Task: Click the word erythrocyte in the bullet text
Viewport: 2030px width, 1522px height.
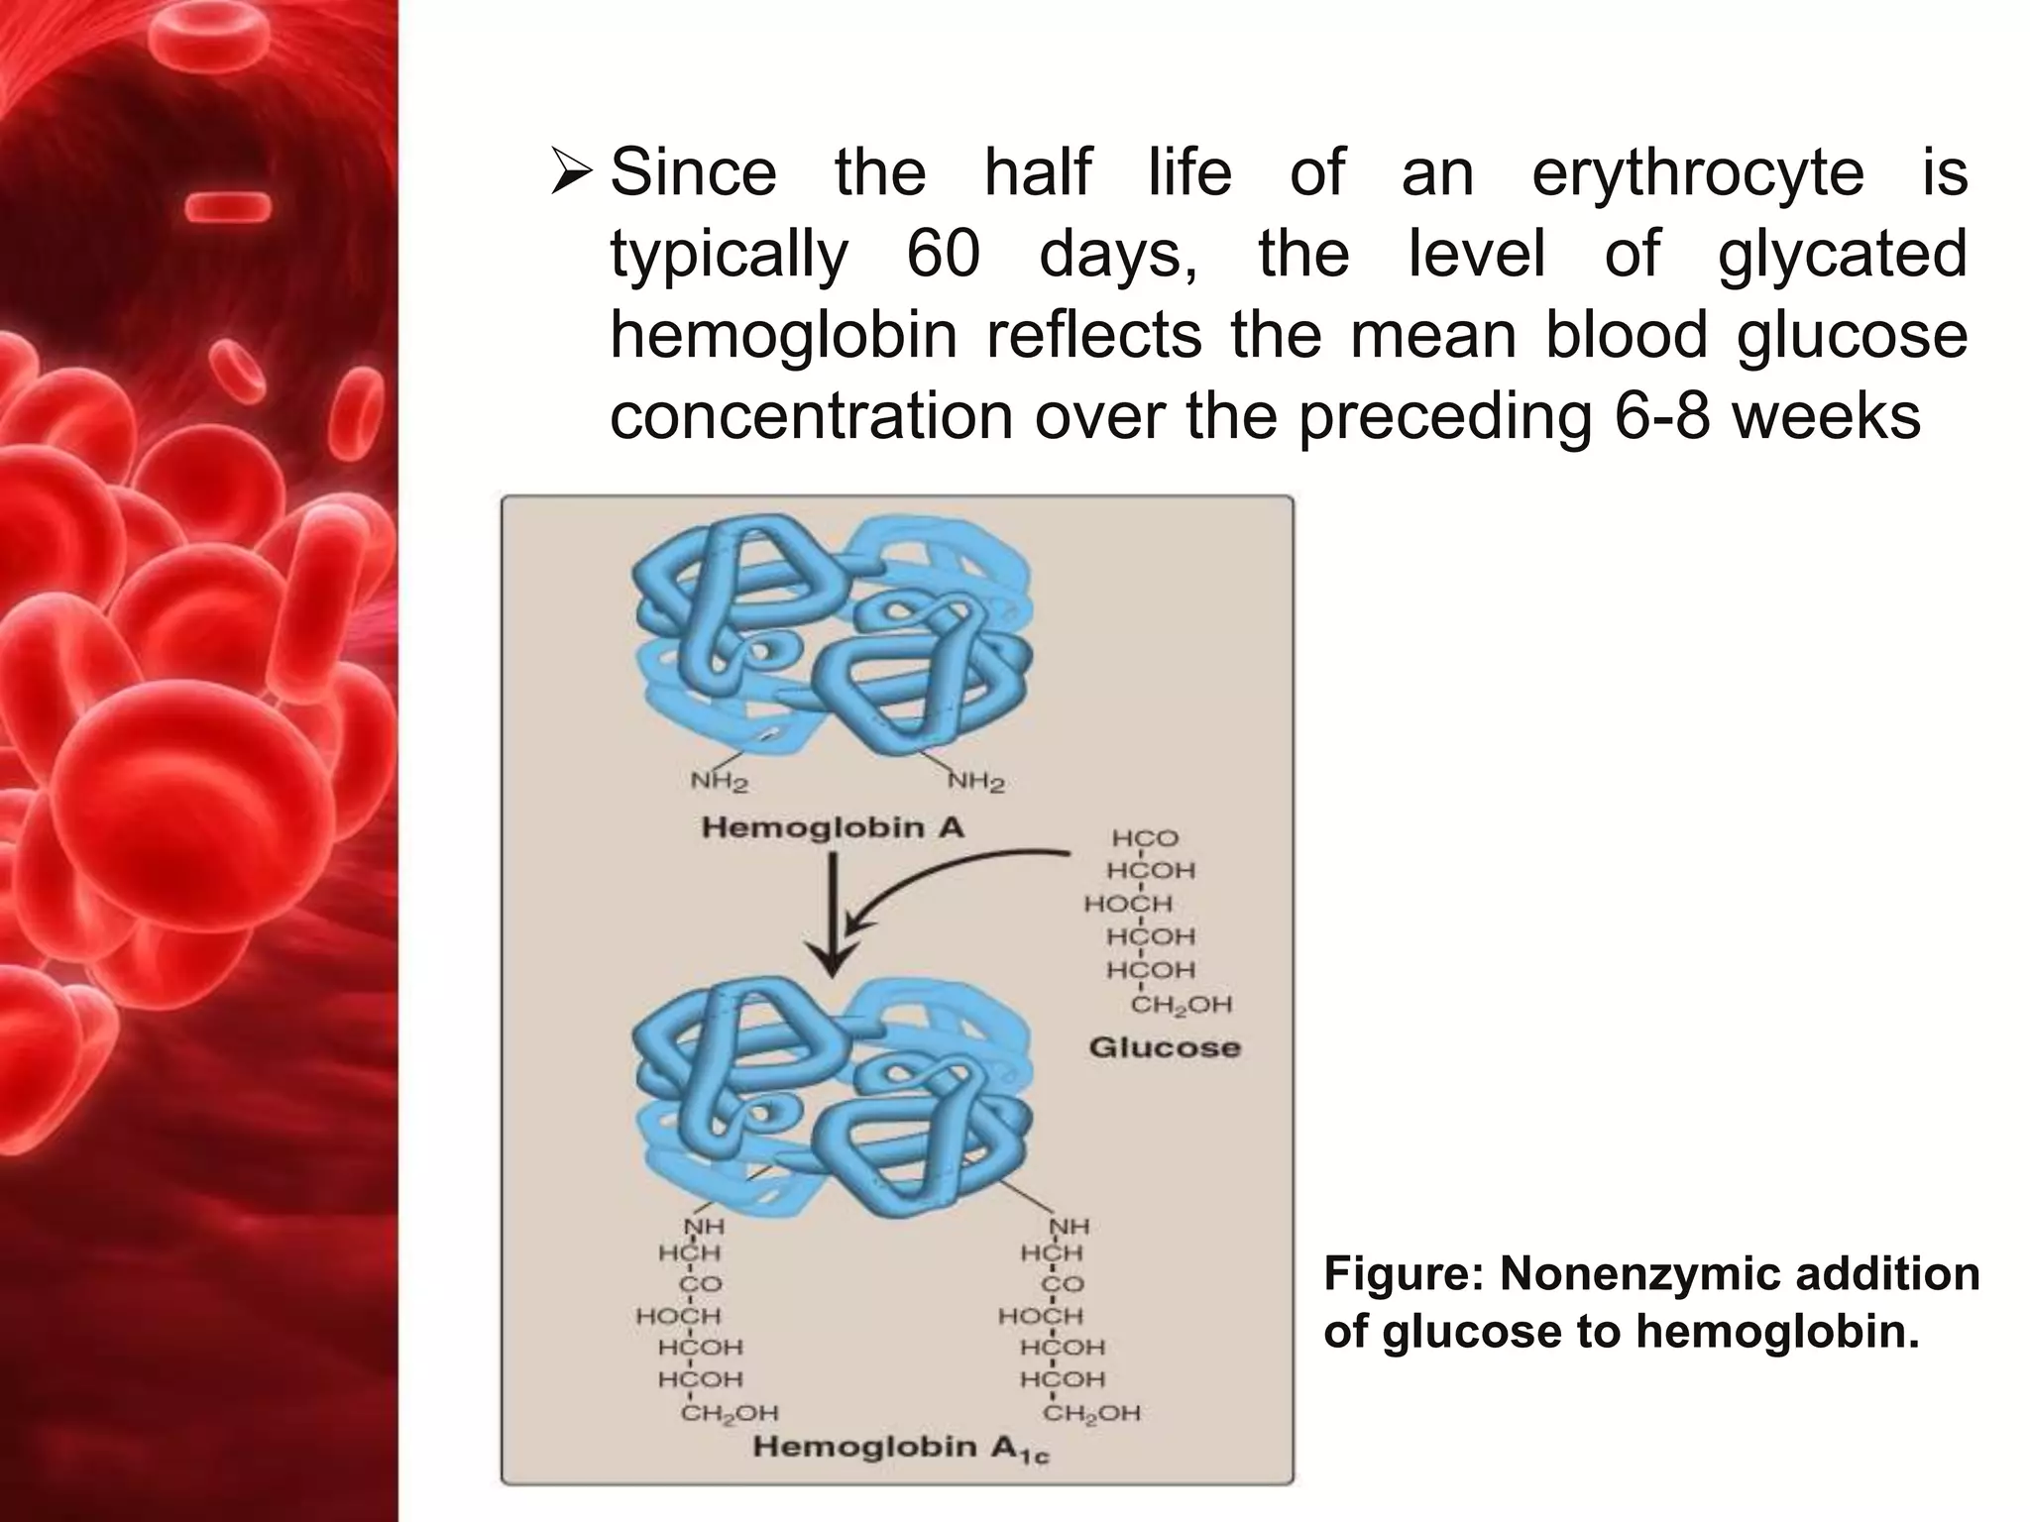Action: [1698, 174]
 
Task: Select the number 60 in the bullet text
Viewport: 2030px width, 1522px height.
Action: [943, 255]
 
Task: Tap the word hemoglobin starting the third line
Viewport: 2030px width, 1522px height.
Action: [783, 335]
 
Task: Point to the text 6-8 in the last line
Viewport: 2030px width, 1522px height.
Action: [1661, 416]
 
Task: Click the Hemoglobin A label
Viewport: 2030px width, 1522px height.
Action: [833, 827]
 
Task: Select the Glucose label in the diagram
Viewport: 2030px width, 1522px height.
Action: [1164, 1047]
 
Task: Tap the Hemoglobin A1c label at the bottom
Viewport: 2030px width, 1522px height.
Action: [900, 1449]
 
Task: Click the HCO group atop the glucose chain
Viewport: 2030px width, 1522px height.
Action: [1145, 838]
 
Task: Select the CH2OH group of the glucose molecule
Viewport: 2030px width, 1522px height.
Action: [1181, 1005]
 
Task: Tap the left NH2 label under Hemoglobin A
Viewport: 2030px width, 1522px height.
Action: [719, 783]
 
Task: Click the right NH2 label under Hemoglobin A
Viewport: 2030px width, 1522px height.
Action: [976, 783]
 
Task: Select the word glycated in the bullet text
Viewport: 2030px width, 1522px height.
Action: [1842, 255]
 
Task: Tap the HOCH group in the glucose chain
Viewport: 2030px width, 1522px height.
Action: [1128, 904]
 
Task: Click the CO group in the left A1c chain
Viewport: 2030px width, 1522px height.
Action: [700, 1284]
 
